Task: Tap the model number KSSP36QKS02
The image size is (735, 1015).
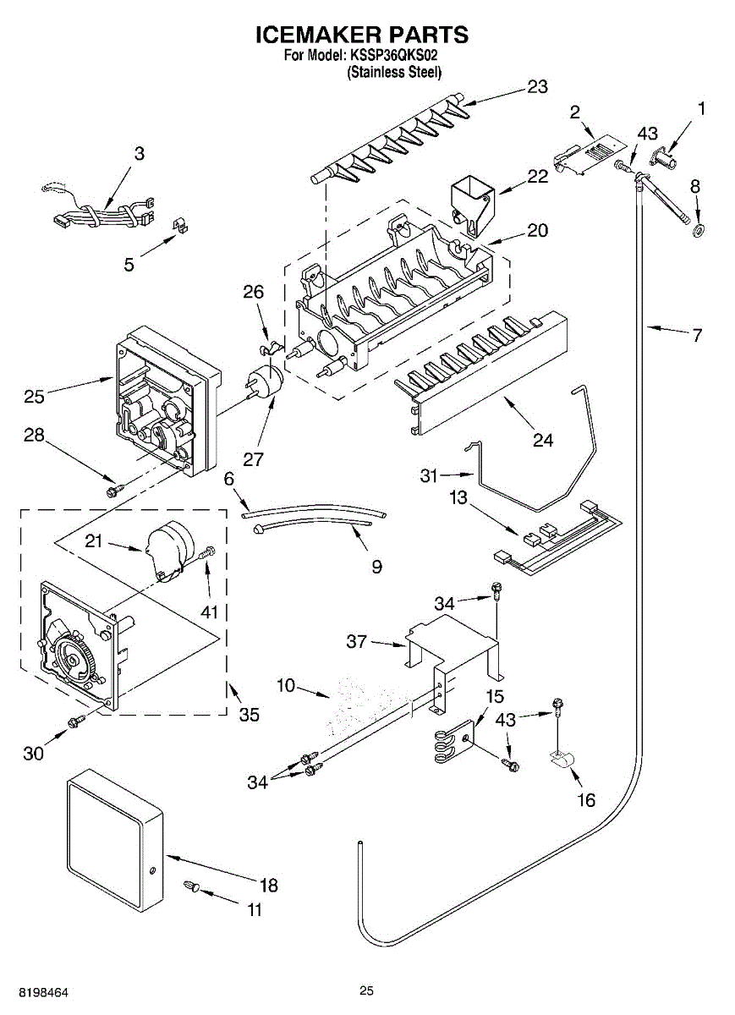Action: [x=393, y=56]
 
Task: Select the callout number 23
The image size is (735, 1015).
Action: [x=537, y=86]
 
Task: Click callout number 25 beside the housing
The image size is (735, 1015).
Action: [x=35, y=397]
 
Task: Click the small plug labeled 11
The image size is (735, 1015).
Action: [x=191, y=885]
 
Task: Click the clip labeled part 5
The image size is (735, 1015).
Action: [x=180, y=225]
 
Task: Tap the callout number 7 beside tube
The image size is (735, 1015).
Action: [x=697, y=335]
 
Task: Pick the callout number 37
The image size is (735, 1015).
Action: [x=357, y=641]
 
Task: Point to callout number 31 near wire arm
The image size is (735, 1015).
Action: [x=429, y=475]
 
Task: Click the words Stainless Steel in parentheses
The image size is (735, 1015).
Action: [x=394, y=72]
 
